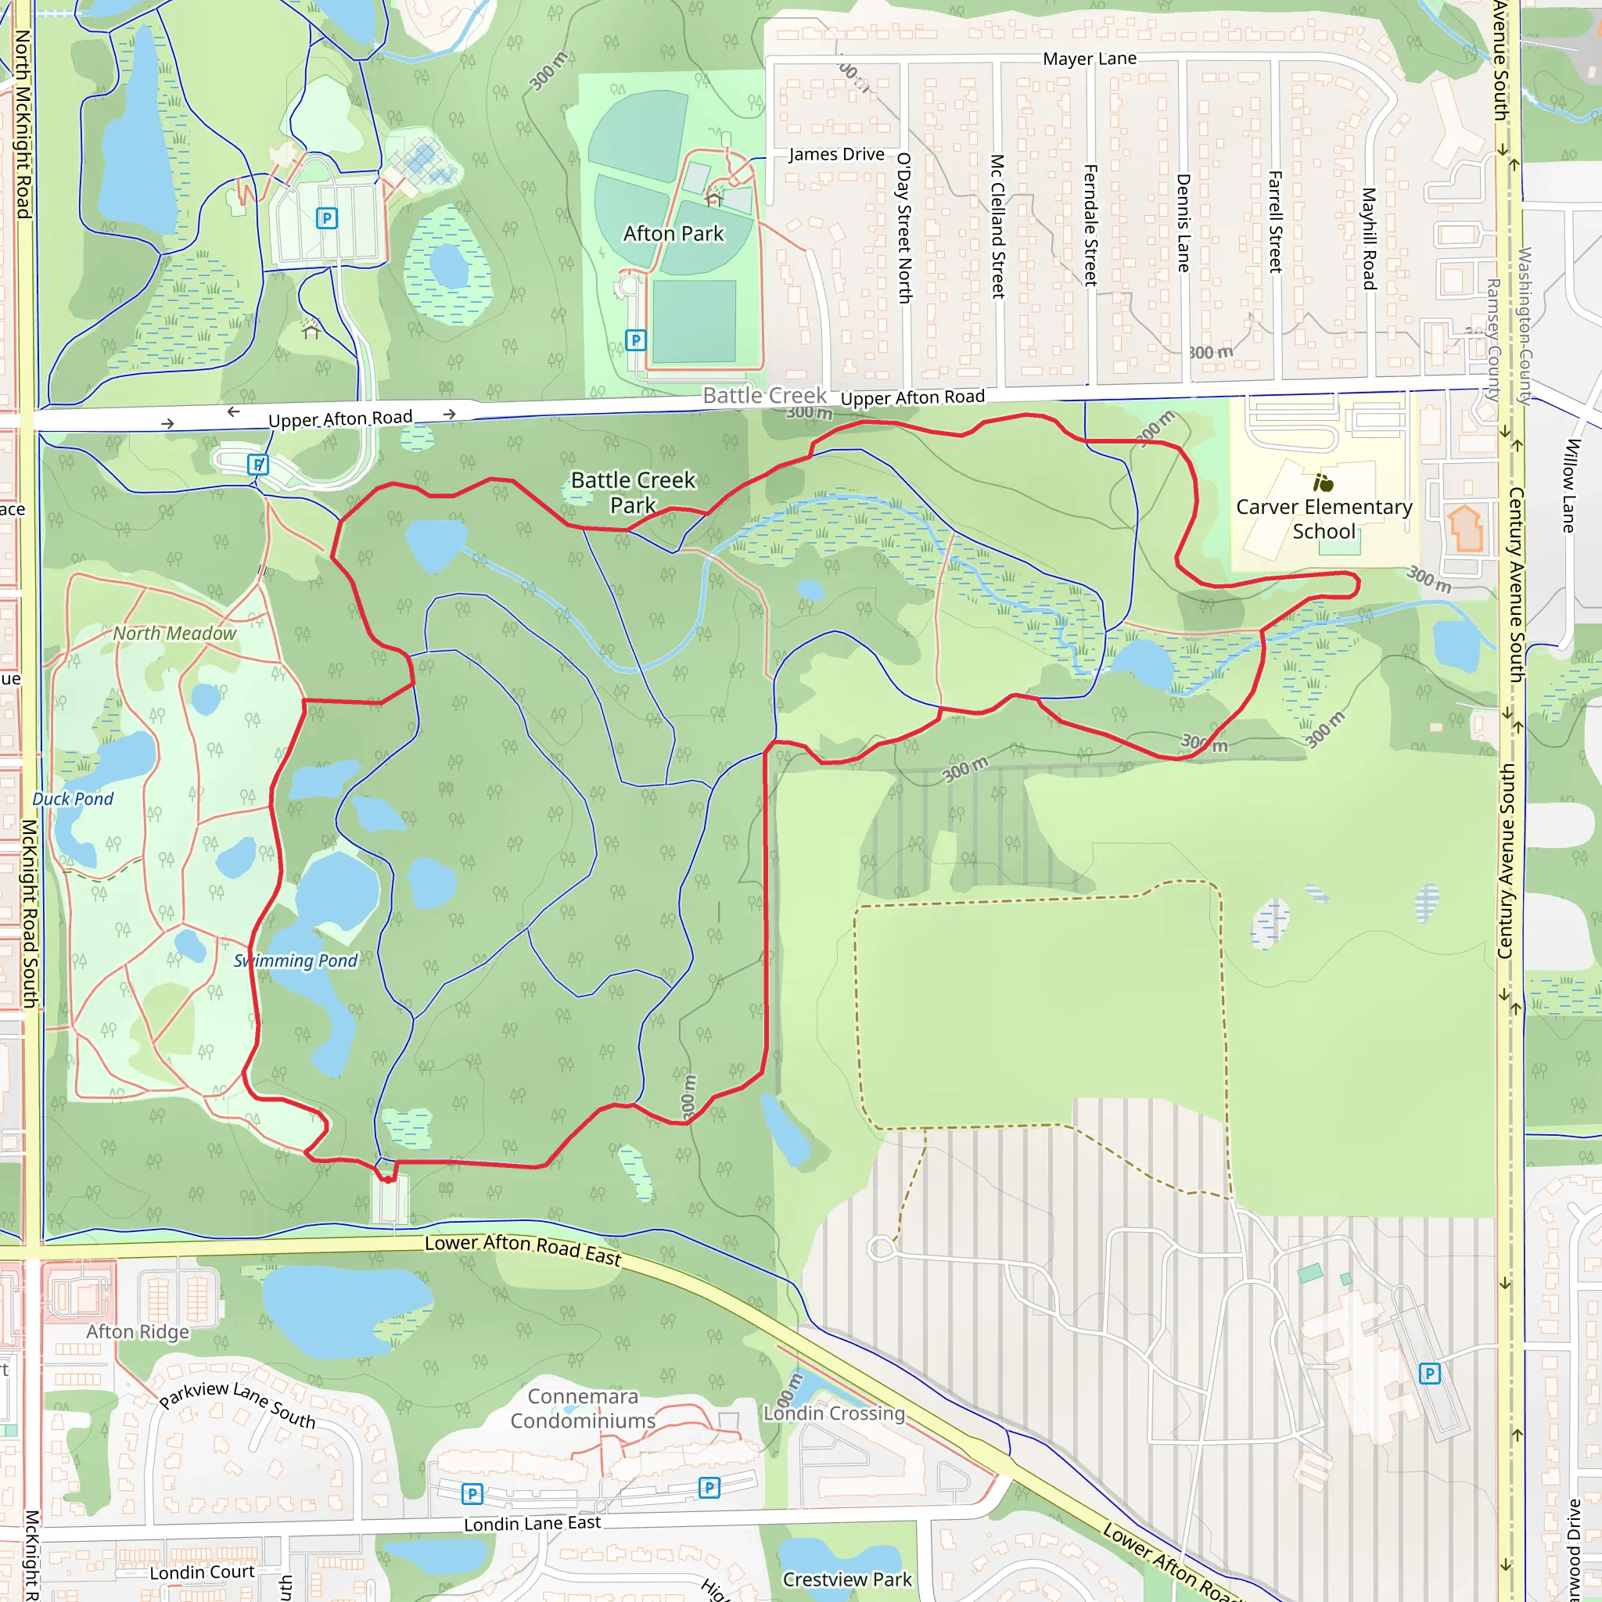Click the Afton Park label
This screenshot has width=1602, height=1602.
673,234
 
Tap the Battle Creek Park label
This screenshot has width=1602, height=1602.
633,493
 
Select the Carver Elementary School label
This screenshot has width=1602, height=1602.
1324,519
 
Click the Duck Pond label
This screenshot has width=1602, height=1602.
73,799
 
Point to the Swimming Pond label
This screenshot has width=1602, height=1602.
295,961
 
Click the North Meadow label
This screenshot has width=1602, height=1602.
175,634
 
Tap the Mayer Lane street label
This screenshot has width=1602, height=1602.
1090,59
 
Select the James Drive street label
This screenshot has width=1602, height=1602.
836,154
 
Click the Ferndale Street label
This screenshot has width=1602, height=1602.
1090,224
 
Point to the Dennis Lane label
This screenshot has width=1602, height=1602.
1184,222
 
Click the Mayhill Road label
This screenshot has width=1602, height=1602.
1369,238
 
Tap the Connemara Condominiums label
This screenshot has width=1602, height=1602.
583,1408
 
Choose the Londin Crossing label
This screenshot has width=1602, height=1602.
834,1413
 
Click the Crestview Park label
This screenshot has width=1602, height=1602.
846,1579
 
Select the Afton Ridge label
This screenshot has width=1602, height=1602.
138,1331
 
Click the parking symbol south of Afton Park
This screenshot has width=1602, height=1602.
635,340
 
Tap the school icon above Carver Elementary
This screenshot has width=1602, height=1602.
1323,482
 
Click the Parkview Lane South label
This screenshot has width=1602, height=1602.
238,1406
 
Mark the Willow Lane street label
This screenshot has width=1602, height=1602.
1568,485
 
